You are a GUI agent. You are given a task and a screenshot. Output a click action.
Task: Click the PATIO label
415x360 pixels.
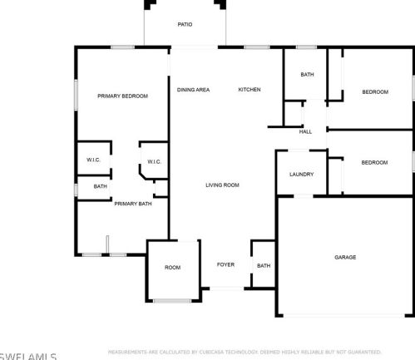(185, 25)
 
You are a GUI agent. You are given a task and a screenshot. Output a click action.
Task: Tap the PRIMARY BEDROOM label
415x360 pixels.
(122, 96)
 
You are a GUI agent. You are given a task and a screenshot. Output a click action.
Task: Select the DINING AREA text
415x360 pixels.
(193, 90)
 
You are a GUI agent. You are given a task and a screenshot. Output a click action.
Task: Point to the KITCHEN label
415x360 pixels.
(249, 90)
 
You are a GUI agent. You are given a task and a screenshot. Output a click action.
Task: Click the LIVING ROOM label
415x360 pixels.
(222, 185)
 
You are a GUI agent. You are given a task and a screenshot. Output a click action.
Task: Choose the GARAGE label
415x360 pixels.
(345, 258)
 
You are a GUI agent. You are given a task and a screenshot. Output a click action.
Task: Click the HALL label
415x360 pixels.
(305, 131)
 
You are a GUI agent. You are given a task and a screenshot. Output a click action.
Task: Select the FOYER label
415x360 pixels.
(226, 265)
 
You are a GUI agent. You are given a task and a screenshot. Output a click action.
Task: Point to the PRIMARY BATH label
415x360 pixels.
(133, 204)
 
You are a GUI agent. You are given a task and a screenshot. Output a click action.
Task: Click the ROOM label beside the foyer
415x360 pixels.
(172, 268)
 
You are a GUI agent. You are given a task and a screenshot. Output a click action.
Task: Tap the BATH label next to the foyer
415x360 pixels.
(264, 266)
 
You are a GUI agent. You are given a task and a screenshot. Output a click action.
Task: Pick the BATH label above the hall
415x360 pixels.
(307, 75)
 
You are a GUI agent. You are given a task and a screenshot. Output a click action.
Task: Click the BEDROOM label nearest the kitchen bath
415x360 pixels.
(375, 92)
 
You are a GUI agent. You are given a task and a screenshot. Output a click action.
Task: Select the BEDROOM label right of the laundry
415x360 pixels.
(375, 163)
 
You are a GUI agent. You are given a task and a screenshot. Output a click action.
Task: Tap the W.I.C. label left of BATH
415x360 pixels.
(93, 160)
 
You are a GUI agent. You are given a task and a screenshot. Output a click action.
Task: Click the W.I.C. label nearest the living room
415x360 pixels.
(154, 161)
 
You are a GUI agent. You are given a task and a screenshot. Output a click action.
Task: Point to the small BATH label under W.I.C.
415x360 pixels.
(100, 186)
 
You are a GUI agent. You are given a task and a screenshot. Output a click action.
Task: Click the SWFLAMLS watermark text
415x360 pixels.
(28, 355)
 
